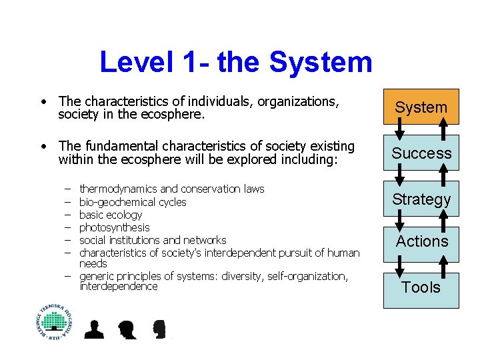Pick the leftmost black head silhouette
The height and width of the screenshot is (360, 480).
coord(94,329)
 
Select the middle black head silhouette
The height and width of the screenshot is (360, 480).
coord(126,329)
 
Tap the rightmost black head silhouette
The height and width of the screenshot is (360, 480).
coord(159,329)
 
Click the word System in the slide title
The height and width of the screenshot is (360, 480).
coord(321,63)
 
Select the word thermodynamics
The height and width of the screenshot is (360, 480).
coord(118,189)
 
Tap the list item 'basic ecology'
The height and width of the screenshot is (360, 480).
coord(111,215)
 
